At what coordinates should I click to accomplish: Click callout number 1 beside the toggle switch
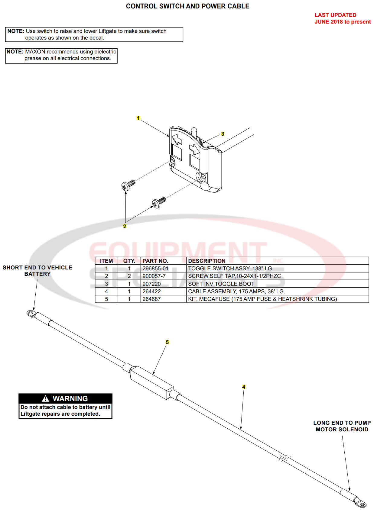(x=138, y=118)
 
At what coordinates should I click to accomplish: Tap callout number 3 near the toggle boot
(x=223, y=134)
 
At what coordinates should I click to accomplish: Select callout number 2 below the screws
(x=125, y=226)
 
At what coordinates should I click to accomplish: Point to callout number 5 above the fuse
(x=167, y=342)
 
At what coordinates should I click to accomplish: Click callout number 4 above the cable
(x=244, y=387)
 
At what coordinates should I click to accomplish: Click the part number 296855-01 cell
(x=155, y=269)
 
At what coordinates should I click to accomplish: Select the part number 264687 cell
(x=151, y=299)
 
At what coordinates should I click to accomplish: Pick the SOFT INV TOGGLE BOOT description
(x=221, y=284)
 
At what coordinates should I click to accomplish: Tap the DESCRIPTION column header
(x=207, y=261)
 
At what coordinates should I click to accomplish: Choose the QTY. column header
(x=129, y=261)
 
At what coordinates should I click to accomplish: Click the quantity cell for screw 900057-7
(x=129, y=276)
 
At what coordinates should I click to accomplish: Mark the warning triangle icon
(x=45, y=399)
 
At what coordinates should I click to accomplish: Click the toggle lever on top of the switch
(x=194, y=132)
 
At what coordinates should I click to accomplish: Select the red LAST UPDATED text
(x=335, y=15)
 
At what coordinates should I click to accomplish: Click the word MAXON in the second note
(x=35, y=52)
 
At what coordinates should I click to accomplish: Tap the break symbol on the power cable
(x=284, y=458)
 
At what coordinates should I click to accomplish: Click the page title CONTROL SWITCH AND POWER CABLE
(x=187, y=6)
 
